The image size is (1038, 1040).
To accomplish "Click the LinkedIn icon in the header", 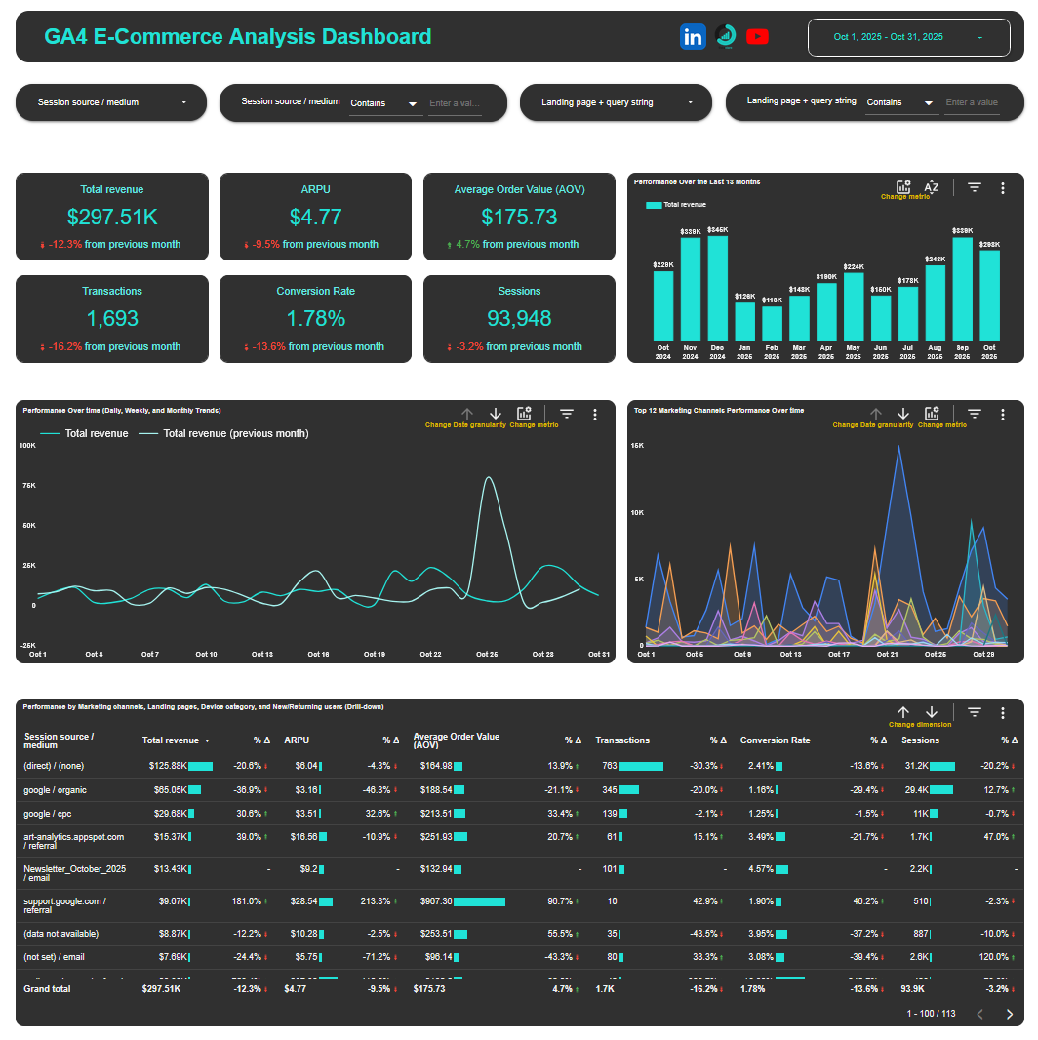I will [693, 37].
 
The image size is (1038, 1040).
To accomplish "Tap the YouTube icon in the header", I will [757, 37].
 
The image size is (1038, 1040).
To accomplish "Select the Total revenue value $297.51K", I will [112, 217].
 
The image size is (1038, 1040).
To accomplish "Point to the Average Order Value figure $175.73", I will [519, 217].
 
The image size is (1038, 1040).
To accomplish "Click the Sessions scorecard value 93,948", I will [519, 318].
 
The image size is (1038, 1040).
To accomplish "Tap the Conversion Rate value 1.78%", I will [315, 318].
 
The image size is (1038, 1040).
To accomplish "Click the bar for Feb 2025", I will [772, 322].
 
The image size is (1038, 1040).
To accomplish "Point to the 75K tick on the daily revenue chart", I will [28, 485].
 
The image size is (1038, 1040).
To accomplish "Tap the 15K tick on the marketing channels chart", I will [637, 446].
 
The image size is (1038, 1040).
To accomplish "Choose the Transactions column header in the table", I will [622, 740].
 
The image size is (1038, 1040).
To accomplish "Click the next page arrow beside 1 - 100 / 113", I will [1010, 1014].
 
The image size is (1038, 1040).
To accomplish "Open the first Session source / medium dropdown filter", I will [111, 102].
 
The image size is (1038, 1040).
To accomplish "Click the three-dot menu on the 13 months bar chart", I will [1003, 188].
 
